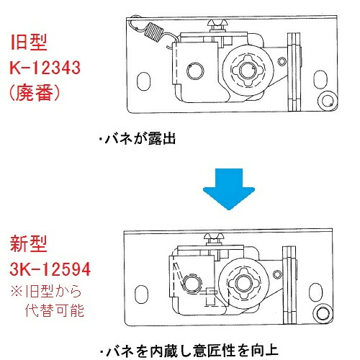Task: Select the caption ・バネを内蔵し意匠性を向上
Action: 184,350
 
